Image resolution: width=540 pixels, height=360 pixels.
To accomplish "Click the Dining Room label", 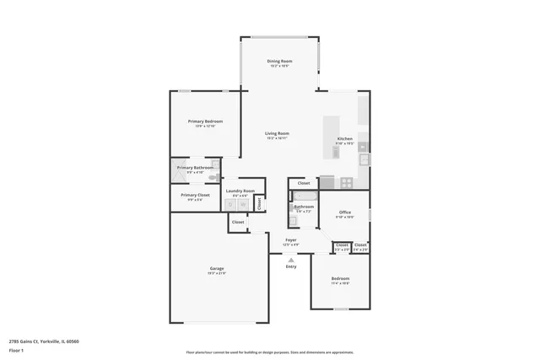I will [279, 62].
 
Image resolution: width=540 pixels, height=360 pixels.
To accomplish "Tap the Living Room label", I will [278, 133].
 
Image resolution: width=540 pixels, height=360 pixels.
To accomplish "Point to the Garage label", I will [217, 269].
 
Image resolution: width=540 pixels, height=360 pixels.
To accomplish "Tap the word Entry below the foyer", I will [291, 266].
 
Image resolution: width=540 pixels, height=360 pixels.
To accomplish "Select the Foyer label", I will [291, 240].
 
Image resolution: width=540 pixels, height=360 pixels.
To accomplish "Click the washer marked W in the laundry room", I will [242, 205].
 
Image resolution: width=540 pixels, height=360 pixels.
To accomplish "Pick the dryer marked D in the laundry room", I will [232, 205].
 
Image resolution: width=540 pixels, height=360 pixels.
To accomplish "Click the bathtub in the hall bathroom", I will [304, 195].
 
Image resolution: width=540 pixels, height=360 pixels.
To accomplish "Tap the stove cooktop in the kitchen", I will [346, 182].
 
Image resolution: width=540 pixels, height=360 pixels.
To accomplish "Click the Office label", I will [345, 212].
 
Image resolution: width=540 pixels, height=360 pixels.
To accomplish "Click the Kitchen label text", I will [345, 139].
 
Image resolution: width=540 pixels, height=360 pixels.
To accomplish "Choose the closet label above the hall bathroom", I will [304, 183].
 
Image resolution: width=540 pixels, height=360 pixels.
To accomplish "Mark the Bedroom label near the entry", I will [340, 278].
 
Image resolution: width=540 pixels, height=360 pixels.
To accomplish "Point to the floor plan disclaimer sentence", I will [269, 352].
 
